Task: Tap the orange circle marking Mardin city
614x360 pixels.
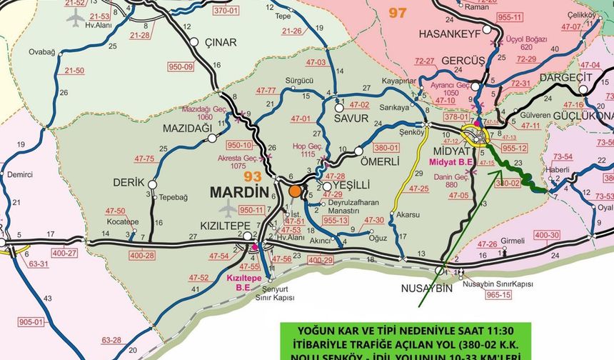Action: (x=296, y=191)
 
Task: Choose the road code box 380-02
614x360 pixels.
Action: (x=508, y=183)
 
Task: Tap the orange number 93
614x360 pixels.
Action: (x=253, y=176)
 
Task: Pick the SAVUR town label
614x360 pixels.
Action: (x=351, y=119)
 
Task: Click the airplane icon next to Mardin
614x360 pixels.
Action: (x=228, y=209)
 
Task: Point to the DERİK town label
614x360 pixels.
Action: (x=129, y=182)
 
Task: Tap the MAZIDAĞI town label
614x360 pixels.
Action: (x=188, y=127)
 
